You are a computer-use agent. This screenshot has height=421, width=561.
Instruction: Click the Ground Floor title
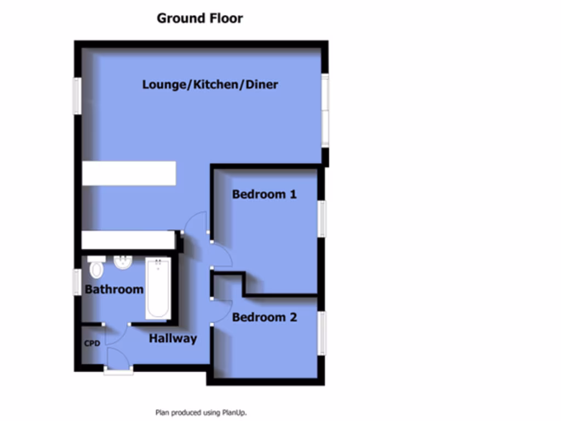tap(199, 18)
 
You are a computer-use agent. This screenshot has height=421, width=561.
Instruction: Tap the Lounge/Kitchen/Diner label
tap(210, 84)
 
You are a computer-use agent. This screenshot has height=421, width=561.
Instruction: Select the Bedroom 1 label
tap(264, 194)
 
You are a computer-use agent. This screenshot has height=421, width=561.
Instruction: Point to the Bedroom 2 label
tap(265, 317)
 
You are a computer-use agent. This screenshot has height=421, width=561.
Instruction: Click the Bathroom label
tap(114, 289)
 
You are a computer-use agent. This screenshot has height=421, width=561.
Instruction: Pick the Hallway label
tap(173, 339)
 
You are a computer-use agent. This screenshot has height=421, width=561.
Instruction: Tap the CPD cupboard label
tap(92, 344)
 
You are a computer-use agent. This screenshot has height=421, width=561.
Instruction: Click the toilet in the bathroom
tap(96, 268)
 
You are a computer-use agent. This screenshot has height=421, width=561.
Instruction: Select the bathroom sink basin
tap(123, 264)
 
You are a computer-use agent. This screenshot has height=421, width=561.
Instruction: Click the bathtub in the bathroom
tap(158, 288)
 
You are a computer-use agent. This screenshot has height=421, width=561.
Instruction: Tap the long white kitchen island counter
tap(129, 173)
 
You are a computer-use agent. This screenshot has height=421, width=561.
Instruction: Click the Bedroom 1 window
tap(323, 219)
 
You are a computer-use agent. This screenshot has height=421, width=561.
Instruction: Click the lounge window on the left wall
tap(77, 96)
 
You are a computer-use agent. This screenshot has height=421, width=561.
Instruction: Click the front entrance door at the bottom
tap(118, 371)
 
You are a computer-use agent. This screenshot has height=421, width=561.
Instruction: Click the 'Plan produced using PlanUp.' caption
tap(205, 412)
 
